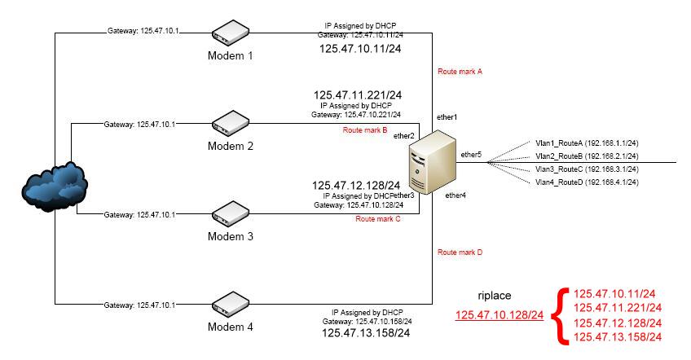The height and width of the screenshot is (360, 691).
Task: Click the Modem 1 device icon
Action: [230, 33]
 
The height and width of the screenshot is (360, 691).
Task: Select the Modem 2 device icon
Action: [230, 124]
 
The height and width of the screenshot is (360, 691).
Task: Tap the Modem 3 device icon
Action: [230, 214]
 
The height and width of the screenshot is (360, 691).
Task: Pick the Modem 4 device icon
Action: [230, 305]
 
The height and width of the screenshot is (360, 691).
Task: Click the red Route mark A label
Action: [460, 72]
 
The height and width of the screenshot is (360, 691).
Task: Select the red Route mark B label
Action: [364, 130]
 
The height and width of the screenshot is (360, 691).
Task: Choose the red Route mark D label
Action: [460, 252]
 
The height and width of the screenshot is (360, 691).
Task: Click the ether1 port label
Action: [447, 118]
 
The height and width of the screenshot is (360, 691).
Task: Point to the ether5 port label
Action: [471, 154]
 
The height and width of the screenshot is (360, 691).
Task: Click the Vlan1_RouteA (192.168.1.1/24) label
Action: [586, 143]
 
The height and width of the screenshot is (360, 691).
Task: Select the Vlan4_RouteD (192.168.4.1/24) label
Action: [586, 182]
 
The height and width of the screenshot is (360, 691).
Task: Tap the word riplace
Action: [494, 296]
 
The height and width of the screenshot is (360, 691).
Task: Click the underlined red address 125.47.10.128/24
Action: [499, 315]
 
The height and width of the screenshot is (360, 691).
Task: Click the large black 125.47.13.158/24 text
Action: [366, 333]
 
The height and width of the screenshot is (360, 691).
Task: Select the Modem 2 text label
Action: [229, 146]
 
